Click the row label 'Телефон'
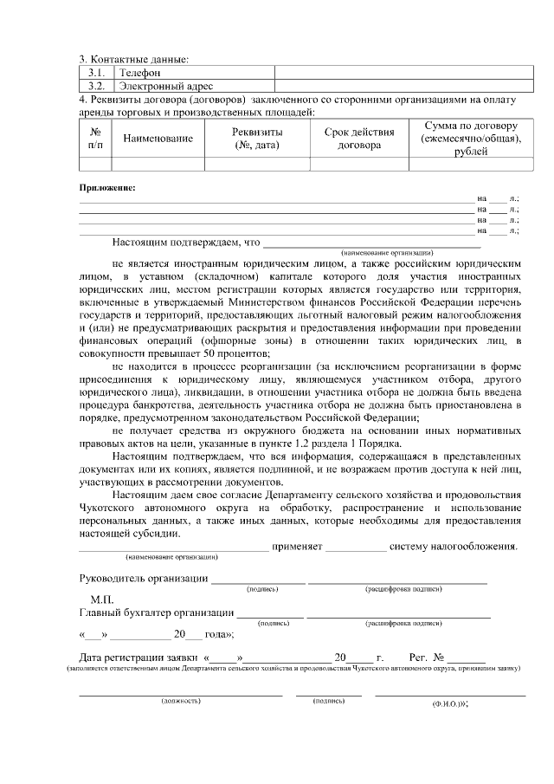point(140,74)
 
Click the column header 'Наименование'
point(158,139)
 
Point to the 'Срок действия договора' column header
point(359,139)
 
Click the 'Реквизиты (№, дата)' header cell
point(257,139)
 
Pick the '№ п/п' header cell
point(95,139)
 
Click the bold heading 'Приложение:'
point(107,187)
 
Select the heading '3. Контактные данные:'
point(134,60)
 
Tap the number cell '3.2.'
point(97,87)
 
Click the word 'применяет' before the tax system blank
point(297,547)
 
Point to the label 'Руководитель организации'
point(143,579)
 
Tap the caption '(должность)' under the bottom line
point(181,701)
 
